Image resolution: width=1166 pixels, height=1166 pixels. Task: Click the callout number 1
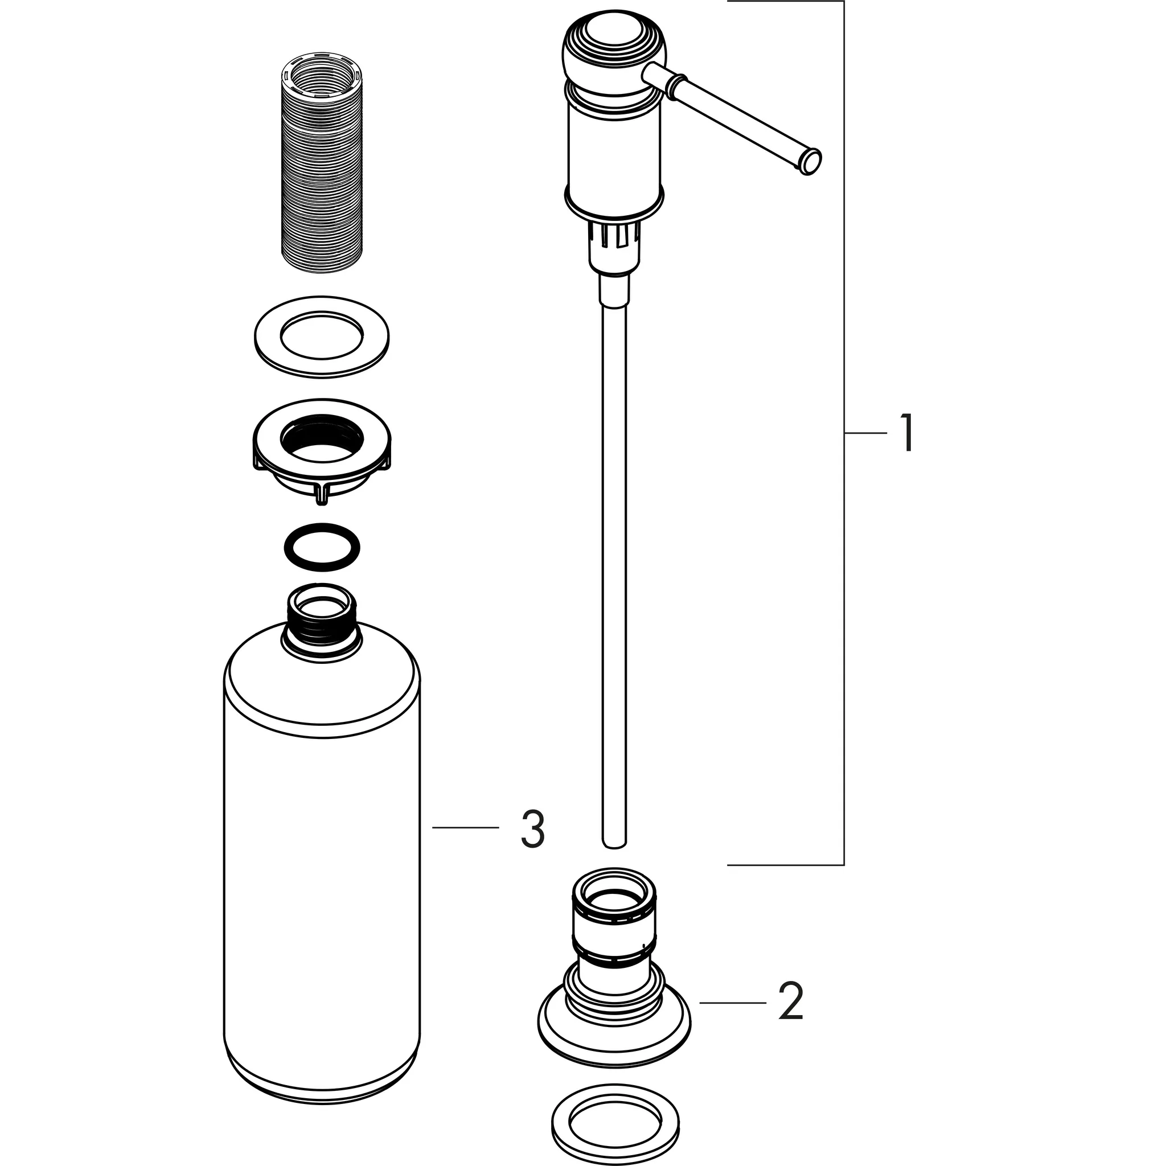point(906,432)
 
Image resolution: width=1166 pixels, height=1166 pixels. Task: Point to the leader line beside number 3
point(465,828)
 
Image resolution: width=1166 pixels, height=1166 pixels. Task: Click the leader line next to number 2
point(732,1003)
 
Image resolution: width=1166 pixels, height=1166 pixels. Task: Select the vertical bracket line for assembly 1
point(843,543)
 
